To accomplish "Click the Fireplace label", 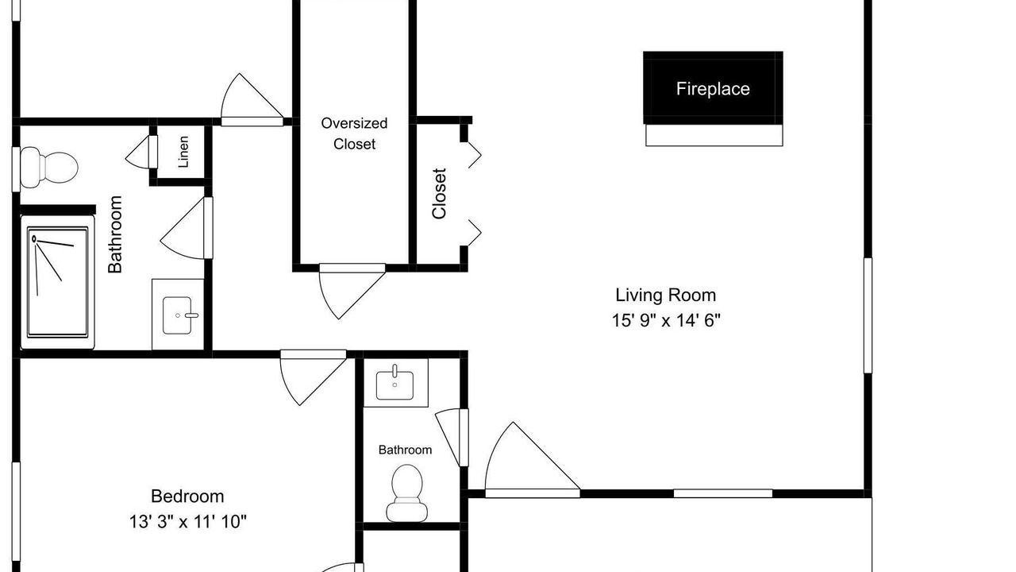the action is pos(713,88).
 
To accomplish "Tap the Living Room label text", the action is pos(665,295).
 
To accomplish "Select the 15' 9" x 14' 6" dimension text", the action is pos(666,320).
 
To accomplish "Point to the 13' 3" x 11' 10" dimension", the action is pos(188,521).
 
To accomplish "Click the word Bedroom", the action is pos(187,497).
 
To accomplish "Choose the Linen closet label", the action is pos(183,152).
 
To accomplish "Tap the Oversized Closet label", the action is pos(354,133).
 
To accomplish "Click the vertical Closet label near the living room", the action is pos(439,194).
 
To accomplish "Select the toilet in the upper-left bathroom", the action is pos(49,167).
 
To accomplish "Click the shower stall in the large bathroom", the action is pos(58,282).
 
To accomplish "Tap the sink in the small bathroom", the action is pos(394,384).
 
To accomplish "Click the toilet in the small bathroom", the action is pos(407,493).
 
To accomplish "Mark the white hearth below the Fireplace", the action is pos(714,135).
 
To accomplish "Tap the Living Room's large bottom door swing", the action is pos(532,460).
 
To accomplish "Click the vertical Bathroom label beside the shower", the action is pos(115,234).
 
